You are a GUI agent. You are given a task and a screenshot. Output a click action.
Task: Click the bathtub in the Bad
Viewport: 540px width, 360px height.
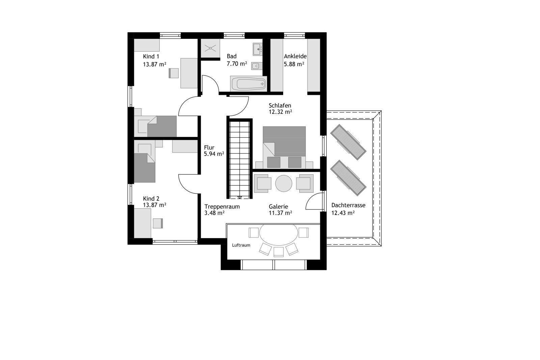[248, 84]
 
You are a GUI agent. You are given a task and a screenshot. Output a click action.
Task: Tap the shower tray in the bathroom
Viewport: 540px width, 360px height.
[211, 48]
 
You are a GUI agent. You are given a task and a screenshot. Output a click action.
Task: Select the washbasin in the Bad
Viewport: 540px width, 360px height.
[258, 49]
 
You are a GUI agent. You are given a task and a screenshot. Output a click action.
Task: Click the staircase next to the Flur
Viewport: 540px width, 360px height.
[239, 159]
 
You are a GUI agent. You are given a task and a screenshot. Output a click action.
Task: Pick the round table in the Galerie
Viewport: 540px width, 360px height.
[284, 183]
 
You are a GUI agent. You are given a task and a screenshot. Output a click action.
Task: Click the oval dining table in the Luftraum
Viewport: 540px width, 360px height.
[279, 235]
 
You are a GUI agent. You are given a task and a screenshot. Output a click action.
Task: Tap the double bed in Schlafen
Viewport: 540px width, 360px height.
[285, 147]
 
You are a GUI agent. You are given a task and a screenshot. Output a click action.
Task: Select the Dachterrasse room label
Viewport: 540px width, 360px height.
[348, 205]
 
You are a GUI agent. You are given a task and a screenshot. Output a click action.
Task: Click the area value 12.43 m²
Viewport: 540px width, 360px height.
[343, 213]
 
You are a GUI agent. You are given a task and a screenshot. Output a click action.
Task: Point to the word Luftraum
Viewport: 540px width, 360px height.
[241, 245]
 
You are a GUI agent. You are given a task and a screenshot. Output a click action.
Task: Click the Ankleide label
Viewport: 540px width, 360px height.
[295, 56]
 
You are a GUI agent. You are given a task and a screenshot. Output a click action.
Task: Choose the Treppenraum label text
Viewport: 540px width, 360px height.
[222, 206]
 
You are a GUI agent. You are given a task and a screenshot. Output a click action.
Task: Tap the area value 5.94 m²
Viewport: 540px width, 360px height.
[214, 154]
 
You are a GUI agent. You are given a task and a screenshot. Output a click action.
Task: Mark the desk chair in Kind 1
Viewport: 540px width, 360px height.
[173, 73]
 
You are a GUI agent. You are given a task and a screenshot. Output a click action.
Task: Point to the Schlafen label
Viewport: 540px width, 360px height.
[280, 106]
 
